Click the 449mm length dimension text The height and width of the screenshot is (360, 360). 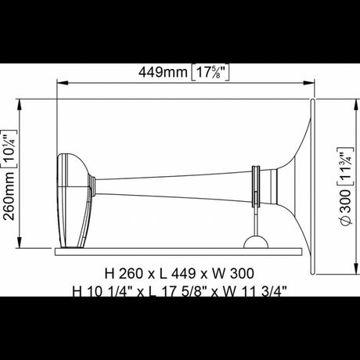tap(163, 72)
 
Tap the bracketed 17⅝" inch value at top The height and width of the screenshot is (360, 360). tap(211, 73)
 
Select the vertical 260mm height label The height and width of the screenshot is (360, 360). tap(9, 196)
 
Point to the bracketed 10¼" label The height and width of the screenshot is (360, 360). tap(9, 149)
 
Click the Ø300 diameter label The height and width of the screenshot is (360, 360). tap(346, 207)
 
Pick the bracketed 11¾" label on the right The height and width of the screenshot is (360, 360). tap(346, 167)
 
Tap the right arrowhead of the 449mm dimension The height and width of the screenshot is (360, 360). tap(309, 83)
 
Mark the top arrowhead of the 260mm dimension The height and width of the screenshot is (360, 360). tap(19, 105)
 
